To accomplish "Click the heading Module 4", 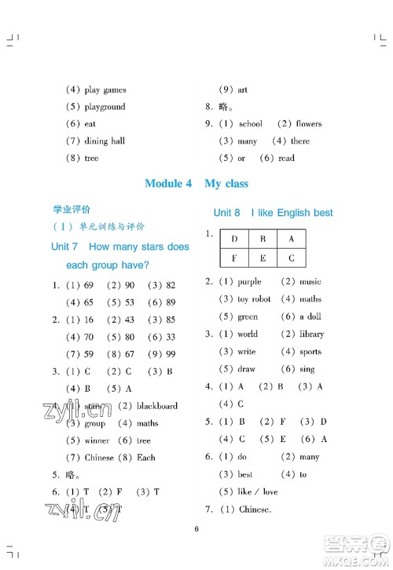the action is point(168,184).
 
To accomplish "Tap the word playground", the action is point(105,107).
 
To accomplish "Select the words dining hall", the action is point(104,141).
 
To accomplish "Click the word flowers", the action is point(308,124).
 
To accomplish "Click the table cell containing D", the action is point(234,239).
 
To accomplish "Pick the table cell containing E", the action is point(263,257).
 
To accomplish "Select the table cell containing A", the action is point(291,239).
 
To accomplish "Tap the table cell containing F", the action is point(234,257).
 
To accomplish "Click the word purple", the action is point(249,282).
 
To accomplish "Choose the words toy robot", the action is point(255,299).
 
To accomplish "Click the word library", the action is point(312,334).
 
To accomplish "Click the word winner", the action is point(97,440).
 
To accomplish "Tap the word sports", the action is point(310,352).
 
